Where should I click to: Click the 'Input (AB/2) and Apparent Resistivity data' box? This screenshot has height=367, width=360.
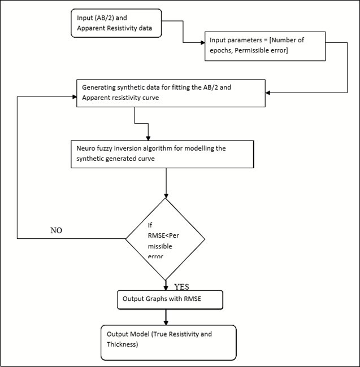click(x=116, y=23)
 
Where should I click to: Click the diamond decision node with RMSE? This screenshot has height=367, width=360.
click(x=166, y=239)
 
